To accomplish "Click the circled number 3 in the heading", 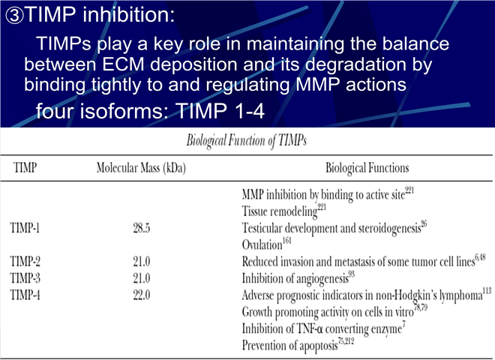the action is [x=14, y=16].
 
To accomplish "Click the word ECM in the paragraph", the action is [x=123, y=64].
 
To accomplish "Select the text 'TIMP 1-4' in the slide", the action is [x=220, y=111].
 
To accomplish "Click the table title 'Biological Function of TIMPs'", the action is [x=247, y=140].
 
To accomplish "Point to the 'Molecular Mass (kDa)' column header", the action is [x=141, y=168].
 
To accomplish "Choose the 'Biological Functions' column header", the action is [x=367, y=168].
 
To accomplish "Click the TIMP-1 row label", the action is [x=25, y=227].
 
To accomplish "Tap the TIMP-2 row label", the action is [x=25, y=261].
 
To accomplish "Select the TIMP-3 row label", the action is [x=25, y=278].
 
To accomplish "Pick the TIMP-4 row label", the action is [x=25, y=295].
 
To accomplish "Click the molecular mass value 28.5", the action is [x=142, y=228].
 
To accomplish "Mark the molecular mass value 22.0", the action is [x=142, y=295].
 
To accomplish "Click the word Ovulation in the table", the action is [x=262, y=244].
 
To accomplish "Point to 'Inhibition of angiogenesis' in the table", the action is [x=295, y=278].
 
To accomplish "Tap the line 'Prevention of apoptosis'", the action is [x=289, y=346].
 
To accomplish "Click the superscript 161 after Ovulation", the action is [x=286, y=241].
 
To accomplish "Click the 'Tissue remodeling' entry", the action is [x=280, y=211].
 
